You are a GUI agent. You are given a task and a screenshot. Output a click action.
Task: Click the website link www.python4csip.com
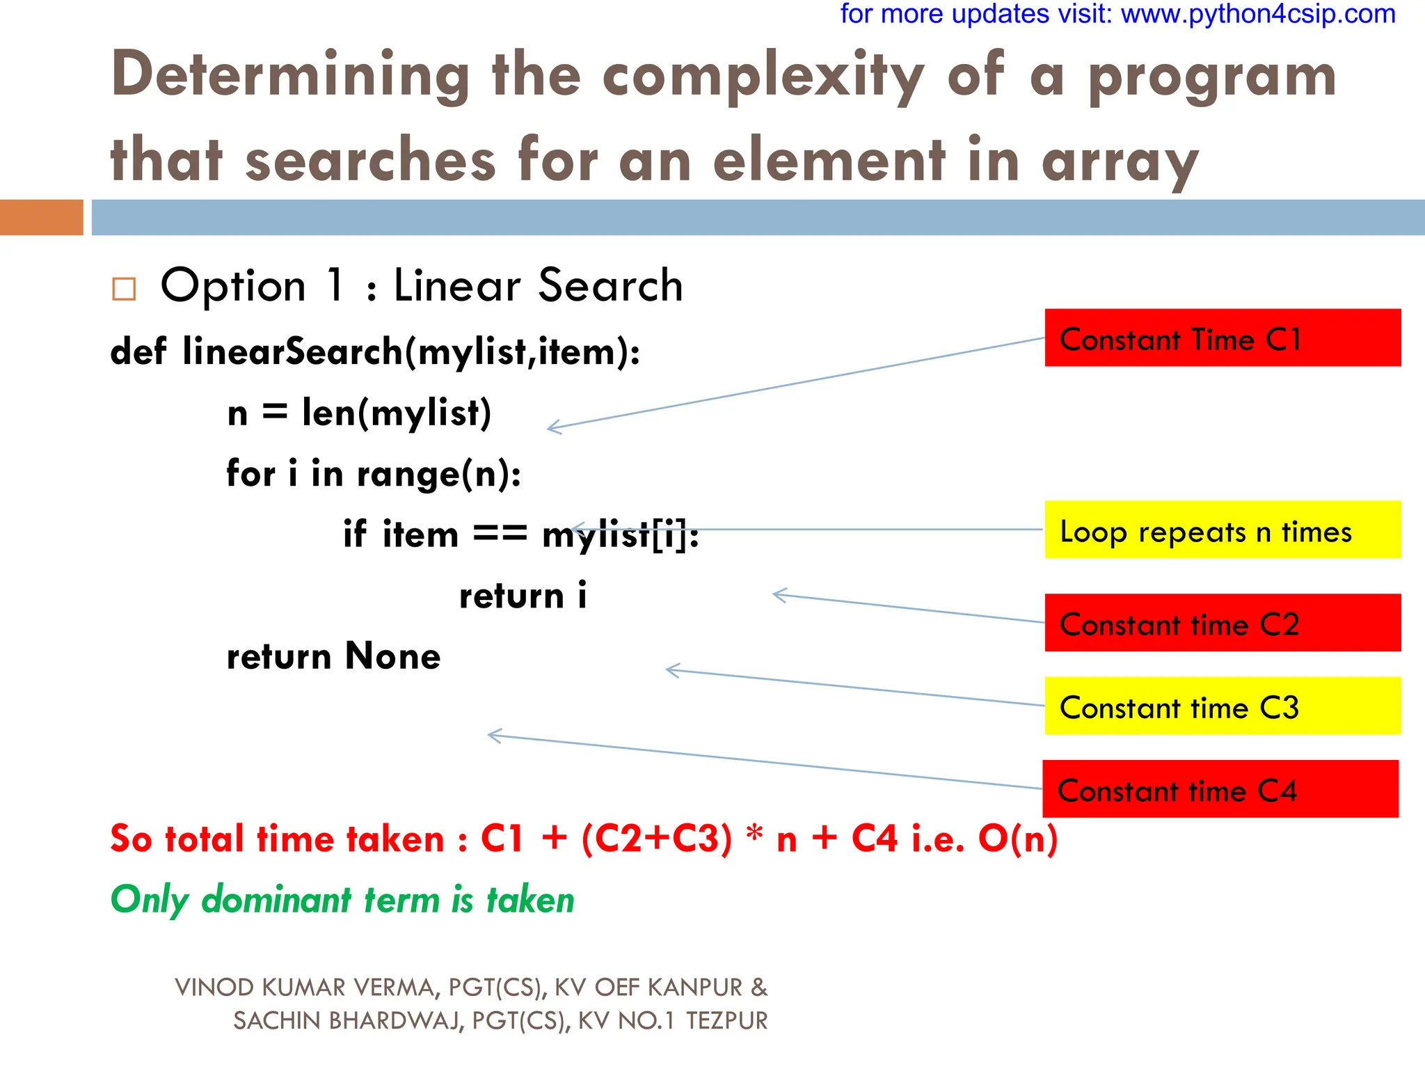(x=1258, y=14)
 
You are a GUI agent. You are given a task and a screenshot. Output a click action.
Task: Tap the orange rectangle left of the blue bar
(x=41, y=217)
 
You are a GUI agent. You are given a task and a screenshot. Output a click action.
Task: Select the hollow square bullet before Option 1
(x=124, y=289)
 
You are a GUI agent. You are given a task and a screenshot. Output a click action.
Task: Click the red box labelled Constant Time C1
(x=1223, y=338)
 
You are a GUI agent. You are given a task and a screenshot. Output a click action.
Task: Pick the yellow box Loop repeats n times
(x=1223, y=530)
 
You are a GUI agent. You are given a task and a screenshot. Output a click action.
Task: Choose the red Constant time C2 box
(x=1223, y=623)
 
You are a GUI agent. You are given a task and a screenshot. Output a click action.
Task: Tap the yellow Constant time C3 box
(x=1223, y=706)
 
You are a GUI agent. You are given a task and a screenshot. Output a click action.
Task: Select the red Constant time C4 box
(x=1220, y=789)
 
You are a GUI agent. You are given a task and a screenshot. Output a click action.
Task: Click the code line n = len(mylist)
(x=359, y=413)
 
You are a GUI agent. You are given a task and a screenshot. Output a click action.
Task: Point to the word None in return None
(x=393, y=656)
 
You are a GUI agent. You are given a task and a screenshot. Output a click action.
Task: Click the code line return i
(x=523, y=596)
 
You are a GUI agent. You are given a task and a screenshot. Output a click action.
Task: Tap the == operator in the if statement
(x=500, y=534)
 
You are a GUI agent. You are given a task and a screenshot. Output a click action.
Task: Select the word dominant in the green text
(x=276, y=900)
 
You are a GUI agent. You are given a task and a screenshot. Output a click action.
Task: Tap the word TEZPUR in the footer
(x=727, y=1021)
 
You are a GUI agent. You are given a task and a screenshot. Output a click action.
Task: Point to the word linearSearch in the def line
(x=292, y=351)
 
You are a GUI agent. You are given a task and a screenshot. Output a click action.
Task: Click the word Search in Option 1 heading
(x=610, y=286)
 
